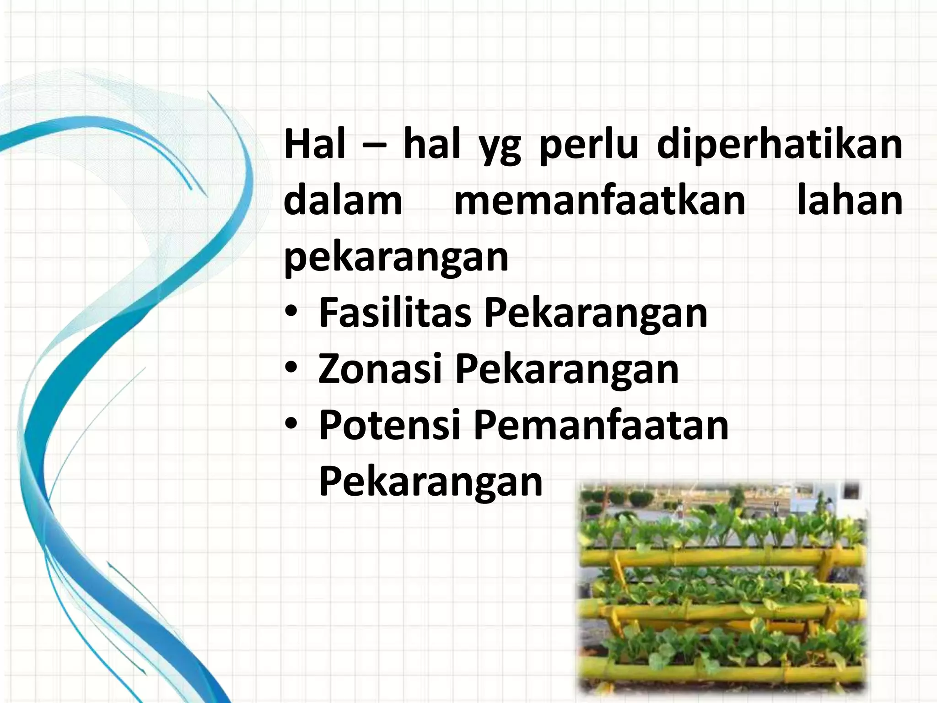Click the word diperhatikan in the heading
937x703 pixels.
tap(779, 146)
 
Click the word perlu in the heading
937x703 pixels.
tap(588, 146)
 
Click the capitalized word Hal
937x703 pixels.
tap(315, 145)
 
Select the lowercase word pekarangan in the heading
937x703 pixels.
tap(396, 258)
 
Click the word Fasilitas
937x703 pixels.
tap(395, 313)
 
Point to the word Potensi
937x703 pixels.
tap(389, 425)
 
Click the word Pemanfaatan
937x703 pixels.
tap(601, 425)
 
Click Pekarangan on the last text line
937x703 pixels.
tap(431, 481)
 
